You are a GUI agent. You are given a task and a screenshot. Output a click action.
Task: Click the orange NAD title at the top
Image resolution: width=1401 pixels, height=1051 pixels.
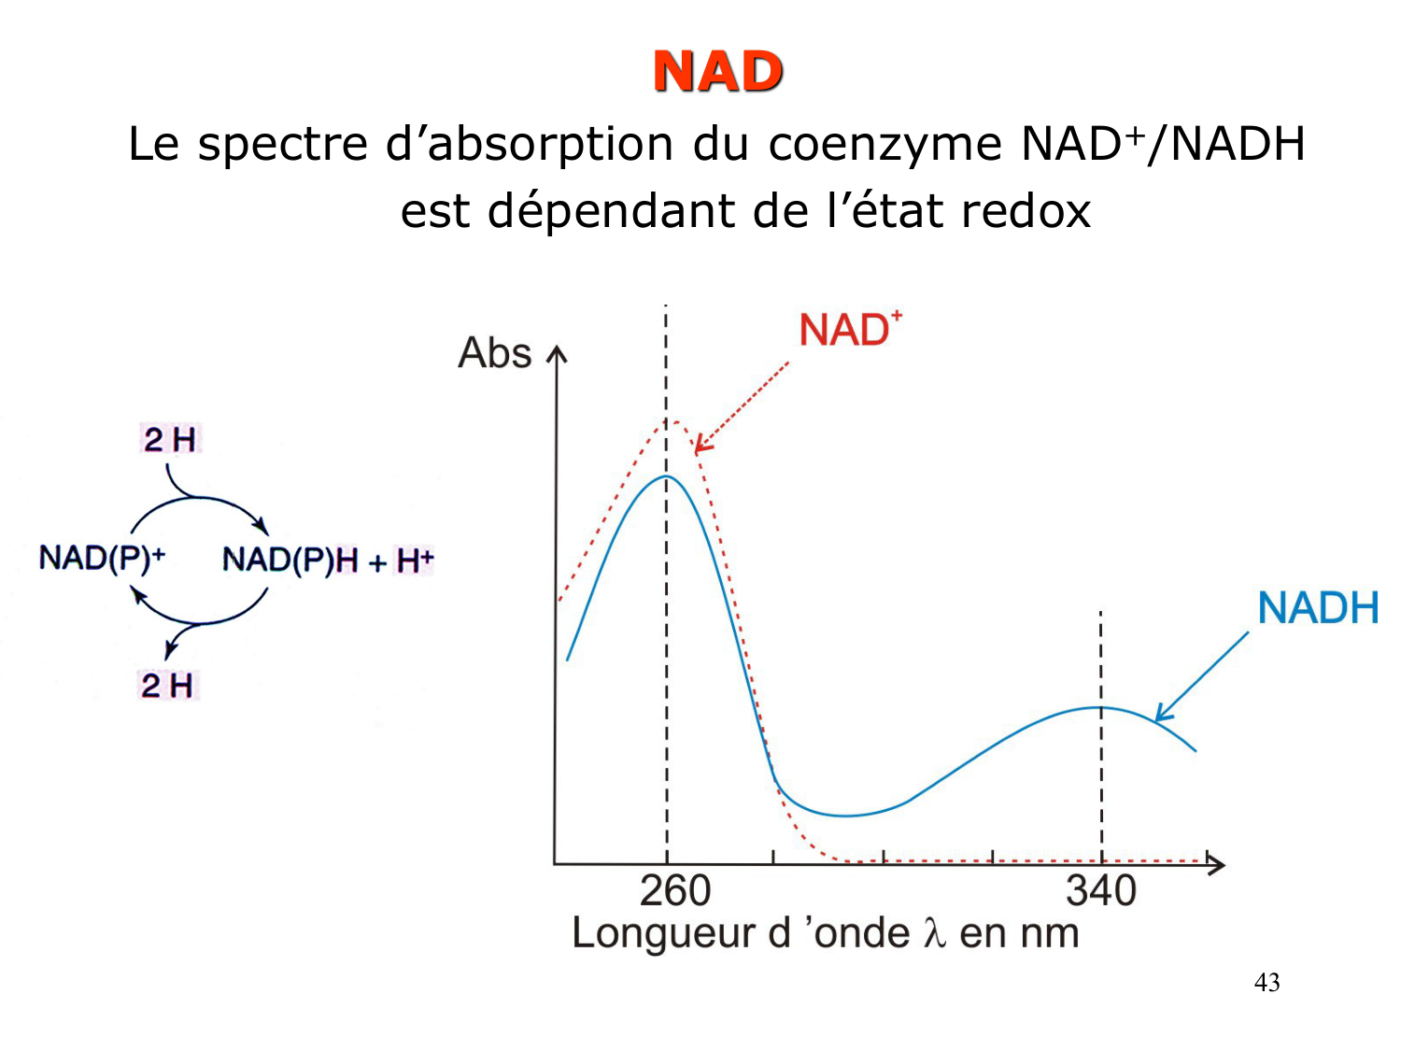(x=717, y=72)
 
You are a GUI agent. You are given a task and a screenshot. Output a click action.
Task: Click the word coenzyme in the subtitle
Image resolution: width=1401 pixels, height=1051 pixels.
(x=884, y=145)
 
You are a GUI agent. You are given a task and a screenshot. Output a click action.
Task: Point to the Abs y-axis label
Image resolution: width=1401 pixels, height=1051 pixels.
(x=494, y=353)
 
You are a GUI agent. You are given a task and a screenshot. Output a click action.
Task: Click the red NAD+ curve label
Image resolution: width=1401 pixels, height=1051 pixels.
(x=849, y=331)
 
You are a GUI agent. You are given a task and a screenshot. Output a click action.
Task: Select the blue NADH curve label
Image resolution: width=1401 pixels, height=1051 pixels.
(x=1318, y=609)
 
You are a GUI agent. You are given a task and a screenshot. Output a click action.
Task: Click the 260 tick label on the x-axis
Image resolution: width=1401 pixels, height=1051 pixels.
(x=674, y=890)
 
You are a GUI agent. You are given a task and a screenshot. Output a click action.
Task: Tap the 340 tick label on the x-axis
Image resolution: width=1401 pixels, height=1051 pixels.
(x=1101, y=890)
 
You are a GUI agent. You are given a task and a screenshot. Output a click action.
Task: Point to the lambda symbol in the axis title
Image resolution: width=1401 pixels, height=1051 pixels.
(x=935, y=933)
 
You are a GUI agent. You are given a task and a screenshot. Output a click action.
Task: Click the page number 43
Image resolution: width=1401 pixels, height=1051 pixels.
(x=1267, y=983)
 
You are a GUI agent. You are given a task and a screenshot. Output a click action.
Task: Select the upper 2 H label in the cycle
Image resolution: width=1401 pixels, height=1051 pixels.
(x=170, y=439)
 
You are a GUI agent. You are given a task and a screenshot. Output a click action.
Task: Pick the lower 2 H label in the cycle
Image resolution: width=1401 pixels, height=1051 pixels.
(x=168, y=686)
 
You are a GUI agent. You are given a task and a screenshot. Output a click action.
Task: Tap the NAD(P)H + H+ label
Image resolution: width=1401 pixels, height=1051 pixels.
(x=328, y=561)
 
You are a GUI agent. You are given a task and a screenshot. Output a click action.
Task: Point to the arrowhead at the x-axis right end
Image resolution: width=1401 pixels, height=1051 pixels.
(x=1216, y=864)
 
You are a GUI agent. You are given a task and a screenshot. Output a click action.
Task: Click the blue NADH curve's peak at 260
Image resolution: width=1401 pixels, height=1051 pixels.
(x=666, y=476)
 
